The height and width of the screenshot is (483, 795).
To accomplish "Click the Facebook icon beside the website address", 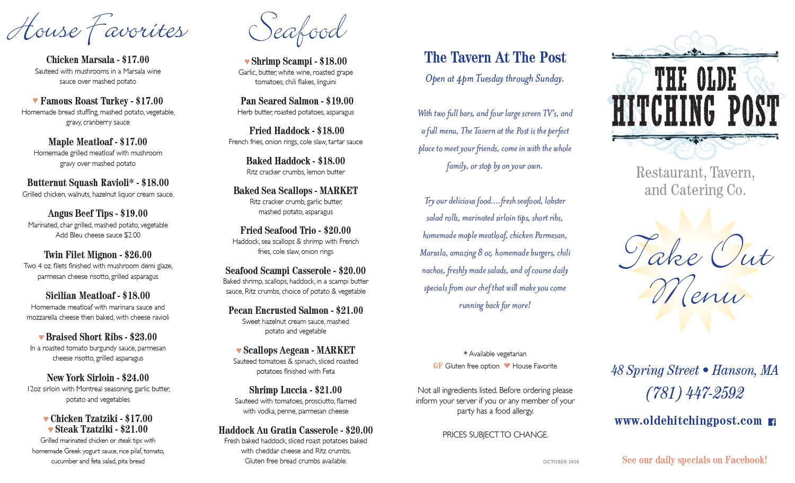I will (x=772, y=422).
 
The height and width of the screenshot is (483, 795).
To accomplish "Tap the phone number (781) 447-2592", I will (x=695, y=393).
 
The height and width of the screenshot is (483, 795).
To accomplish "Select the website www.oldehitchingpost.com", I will (x=688, y=421).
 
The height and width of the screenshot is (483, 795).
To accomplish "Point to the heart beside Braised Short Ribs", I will (x=41, y=337).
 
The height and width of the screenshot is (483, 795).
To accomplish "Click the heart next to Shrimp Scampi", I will (x=247, y=62).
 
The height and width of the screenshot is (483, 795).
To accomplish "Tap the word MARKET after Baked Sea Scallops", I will (x=339, y=191).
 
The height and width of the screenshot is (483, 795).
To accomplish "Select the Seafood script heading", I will (x=297, y=29).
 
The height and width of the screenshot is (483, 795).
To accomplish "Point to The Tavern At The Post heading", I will (x=495, y=57).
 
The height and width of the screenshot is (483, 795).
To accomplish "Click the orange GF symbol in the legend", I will (x=438, y=366).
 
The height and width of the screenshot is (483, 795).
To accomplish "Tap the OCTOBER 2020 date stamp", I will (x=561, y=462).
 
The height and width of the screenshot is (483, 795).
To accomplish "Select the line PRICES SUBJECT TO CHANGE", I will (x=495, y=435).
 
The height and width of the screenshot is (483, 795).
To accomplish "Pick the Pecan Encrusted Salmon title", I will (x=278, y=311).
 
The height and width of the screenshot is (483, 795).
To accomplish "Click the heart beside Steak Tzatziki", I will (x=51, y=429).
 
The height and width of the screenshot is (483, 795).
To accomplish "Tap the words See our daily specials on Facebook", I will (x=694, y=460).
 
